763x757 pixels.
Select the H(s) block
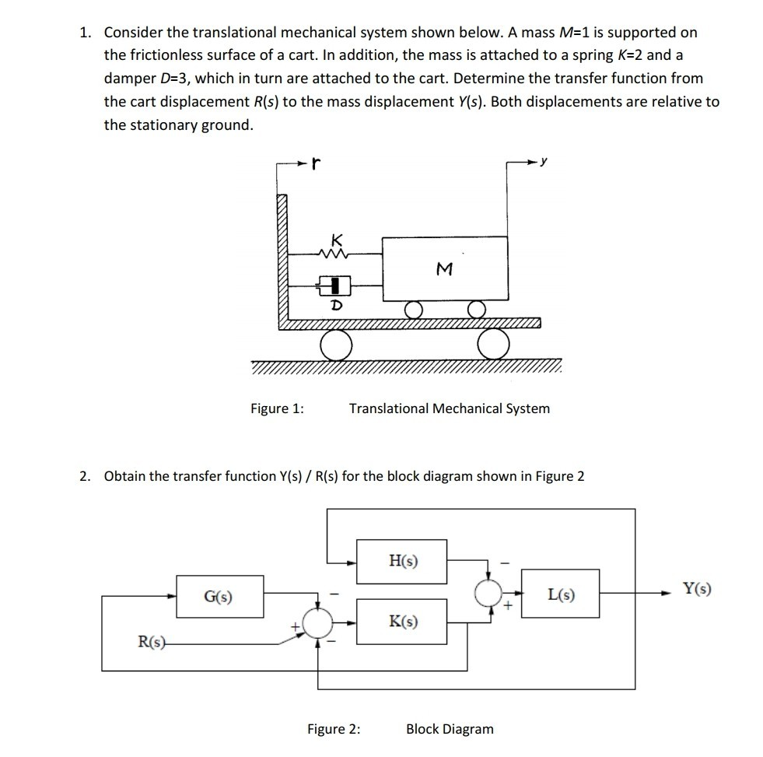tap(401, 561)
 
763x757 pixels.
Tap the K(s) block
tap(401, 621)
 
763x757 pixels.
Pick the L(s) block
tap(560, 594)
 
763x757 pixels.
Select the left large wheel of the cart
tap(336, 345)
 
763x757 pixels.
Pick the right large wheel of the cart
tap(494, 345)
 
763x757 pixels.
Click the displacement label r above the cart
tap(315, 164)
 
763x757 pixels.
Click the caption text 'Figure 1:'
tap(277, 408)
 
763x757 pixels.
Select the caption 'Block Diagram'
tap(450, 729)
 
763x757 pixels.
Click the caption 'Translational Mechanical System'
tap(449, 408)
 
